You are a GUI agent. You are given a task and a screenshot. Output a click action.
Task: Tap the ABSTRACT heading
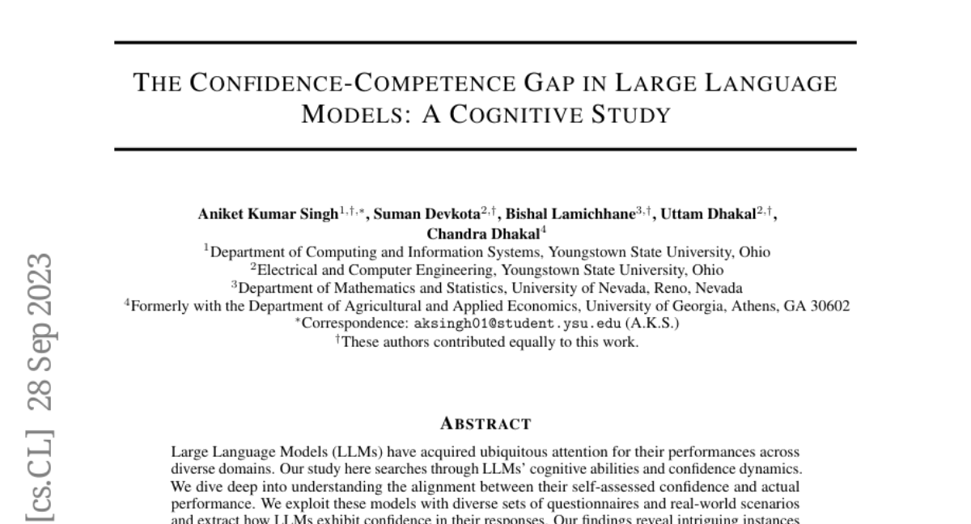485,423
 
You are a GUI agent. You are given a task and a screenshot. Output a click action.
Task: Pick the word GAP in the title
583,82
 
